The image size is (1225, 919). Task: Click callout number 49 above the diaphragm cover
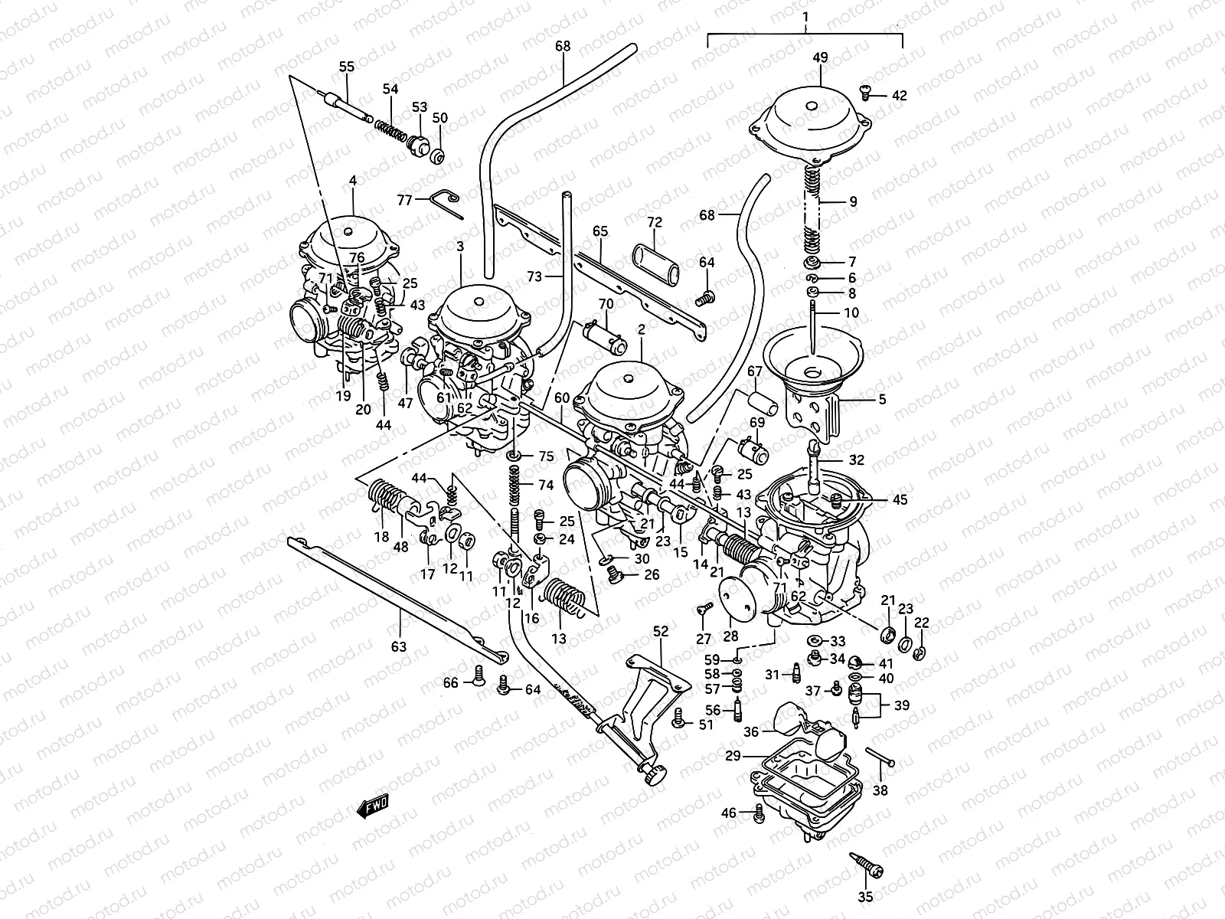820,57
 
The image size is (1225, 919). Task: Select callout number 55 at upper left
347,67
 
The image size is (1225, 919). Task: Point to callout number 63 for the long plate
398,646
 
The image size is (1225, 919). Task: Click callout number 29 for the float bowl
733,755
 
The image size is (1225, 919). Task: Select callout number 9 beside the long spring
852,202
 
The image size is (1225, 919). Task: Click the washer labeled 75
516,457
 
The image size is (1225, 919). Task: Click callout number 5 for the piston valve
881,399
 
